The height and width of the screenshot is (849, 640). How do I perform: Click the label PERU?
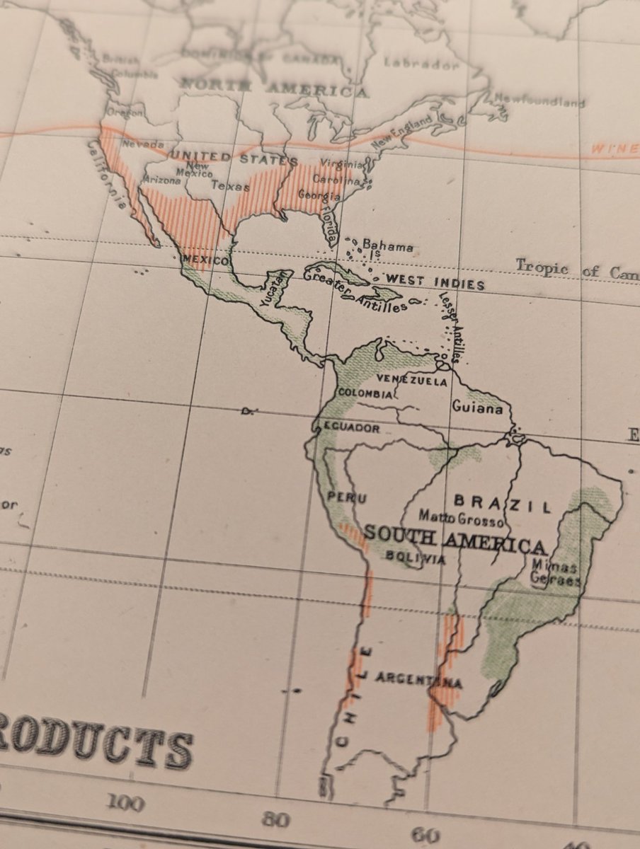coord(347,498)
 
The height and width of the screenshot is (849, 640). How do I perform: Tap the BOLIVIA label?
coord(416,558)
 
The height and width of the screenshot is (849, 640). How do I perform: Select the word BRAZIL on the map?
coord(503,504)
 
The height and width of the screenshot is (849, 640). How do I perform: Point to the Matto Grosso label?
coord(461,519)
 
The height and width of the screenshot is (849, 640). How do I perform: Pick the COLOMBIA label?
coord(365,393)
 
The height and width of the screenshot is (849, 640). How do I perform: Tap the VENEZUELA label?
coord(412,381)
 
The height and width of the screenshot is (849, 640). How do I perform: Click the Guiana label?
coord(478,408)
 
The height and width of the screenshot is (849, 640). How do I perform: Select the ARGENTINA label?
coord(418,681)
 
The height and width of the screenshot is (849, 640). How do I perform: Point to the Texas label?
coord(230,187)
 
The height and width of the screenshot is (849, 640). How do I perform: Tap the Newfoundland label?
coord(539,100)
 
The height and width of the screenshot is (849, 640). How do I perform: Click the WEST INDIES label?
coord(435,282)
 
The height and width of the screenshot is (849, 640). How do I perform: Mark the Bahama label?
coord(387,246)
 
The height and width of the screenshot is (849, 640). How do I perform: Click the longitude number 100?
coord(125,803)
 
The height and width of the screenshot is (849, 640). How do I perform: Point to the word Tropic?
coord(542,267)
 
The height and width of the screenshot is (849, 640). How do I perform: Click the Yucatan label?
coord(271,290)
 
